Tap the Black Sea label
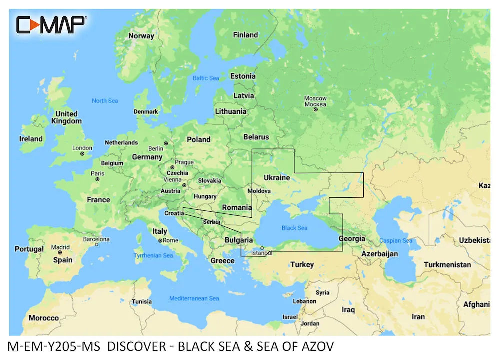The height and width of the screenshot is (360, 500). click(295, 228)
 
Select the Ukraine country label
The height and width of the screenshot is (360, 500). click(276, 177)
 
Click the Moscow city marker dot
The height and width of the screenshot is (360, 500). click(315, 109)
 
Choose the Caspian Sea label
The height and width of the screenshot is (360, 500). click(395, 241)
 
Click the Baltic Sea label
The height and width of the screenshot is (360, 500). click(206, 78)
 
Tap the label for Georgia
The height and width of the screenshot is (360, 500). click(352, 239)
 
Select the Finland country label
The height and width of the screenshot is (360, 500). click(245, 35)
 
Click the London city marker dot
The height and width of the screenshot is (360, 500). click(82, 154)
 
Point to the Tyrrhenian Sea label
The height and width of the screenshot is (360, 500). click(153, 256)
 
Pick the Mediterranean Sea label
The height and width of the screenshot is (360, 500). click(194, 298)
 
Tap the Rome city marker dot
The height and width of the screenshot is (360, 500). click(160, 241)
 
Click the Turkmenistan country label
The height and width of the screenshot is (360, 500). click(447, 265)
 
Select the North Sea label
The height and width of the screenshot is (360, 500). click(105, 101)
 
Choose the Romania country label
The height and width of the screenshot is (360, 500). click(237, 207)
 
